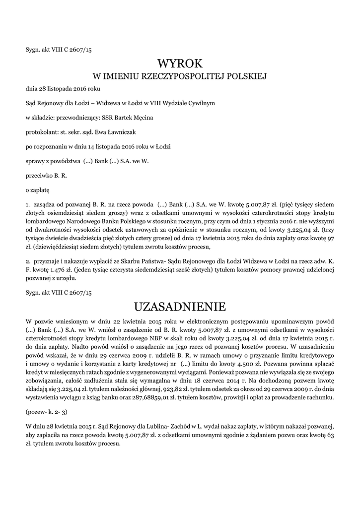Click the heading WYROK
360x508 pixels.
(x=180, y=63)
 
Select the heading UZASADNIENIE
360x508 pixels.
(x=180, y=304)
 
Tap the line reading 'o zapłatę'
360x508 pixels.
(x=37, y=190)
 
